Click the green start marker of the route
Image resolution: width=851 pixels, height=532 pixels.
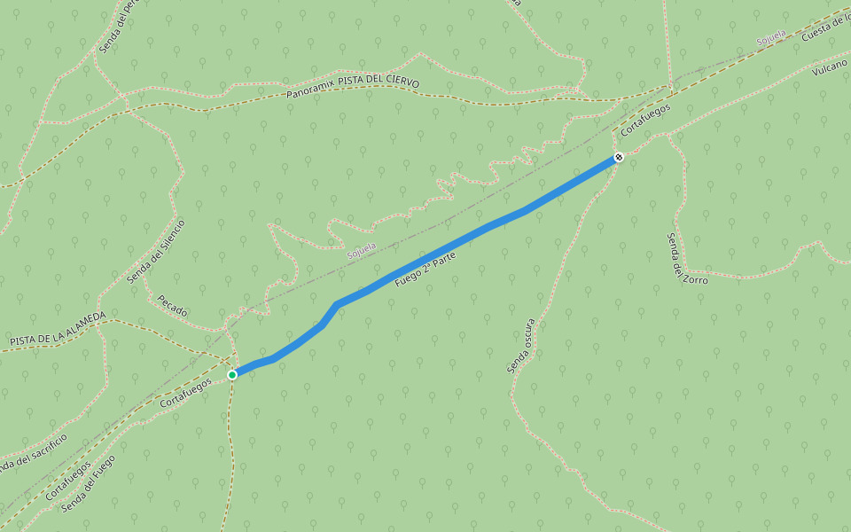click(x=232, y=375)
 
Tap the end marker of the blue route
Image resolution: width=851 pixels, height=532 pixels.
click(x=619, y=157)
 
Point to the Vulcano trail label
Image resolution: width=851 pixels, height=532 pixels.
click(x=829, y=67)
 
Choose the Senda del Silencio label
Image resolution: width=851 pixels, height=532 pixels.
click(x=156, y=252)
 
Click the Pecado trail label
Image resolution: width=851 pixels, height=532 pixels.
click(x=172, y=306)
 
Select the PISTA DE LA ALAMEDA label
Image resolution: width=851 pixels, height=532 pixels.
click(x=58, y=328)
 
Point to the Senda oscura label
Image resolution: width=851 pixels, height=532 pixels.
click(x=520, y=346)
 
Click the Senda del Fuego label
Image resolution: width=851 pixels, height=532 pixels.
click(x=89, y=484)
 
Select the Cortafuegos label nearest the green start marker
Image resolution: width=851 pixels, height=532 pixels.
click(x=186, y=393)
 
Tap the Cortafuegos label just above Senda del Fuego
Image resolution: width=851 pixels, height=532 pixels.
click(x=68, y=479)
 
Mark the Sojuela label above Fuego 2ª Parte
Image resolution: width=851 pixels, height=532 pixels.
click(x=362, y=249)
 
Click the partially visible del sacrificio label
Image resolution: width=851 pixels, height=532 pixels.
click(x=34, y=453)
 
